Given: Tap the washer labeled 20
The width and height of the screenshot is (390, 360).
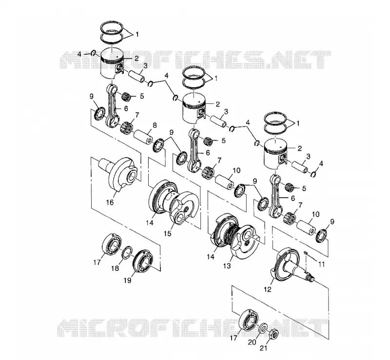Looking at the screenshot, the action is tap(263, 328).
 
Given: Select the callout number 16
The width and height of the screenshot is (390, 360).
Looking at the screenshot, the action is tap(110, 202).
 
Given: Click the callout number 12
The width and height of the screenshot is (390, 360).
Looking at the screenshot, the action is tap(268, 289).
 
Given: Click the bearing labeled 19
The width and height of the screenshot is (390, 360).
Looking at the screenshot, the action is tap(143, 261).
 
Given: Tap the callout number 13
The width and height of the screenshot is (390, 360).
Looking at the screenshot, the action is tap(227, 266).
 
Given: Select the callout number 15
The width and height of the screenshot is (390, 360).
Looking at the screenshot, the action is tap(168, 233).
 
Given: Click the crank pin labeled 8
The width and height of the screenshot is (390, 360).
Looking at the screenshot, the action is tap(143, 137).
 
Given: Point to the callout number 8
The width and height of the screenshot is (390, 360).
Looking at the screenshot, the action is tap(155, 125).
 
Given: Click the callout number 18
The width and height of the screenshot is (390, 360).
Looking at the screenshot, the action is tap(115, 268).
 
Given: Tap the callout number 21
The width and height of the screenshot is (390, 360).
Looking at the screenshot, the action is tap(263, 348).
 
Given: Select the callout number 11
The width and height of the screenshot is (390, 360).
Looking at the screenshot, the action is tap(322, 264).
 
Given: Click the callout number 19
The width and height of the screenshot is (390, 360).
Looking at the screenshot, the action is tap(127, 280).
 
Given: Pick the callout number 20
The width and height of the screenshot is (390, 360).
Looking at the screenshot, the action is tap(252, 342).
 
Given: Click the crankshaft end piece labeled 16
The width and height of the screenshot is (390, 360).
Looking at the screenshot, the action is tap(117, 174).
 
